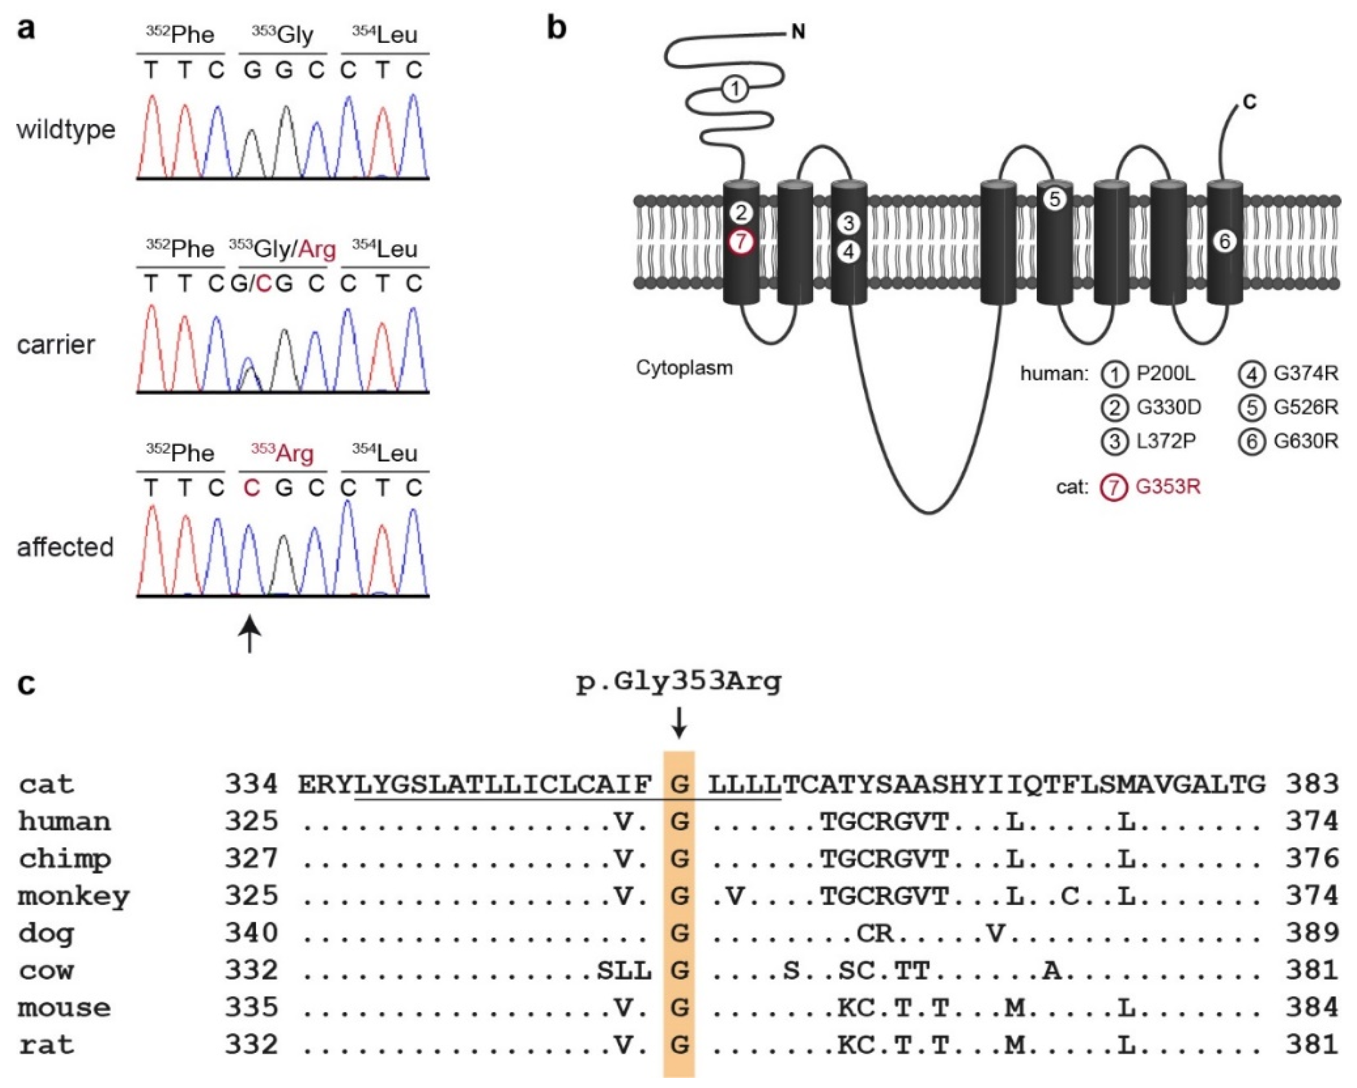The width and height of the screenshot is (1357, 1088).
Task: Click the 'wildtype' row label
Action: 66,130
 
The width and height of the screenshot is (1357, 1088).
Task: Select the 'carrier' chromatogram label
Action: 56,345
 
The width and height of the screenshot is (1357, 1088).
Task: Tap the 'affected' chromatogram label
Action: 65,548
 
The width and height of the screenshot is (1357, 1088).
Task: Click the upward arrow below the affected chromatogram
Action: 250,634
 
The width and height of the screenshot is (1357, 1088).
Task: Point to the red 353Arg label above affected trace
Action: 282,453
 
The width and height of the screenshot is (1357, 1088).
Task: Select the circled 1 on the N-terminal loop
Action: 734,89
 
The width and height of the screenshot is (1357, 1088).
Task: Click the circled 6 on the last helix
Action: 1225,241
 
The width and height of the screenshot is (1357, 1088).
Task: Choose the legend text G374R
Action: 1305,374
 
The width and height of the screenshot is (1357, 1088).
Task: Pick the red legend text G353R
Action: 1168,487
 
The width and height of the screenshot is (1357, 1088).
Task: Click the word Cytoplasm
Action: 684,367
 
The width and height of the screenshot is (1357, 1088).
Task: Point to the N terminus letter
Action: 798,31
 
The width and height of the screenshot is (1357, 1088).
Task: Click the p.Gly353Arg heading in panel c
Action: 678,682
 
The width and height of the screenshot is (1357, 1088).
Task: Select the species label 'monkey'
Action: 74,896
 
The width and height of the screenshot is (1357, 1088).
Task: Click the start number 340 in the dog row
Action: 251,933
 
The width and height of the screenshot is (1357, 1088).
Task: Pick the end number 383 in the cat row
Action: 1312,785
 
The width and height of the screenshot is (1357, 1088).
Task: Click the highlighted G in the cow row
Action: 679,970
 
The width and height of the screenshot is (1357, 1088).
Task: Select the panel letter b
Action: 556,28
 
